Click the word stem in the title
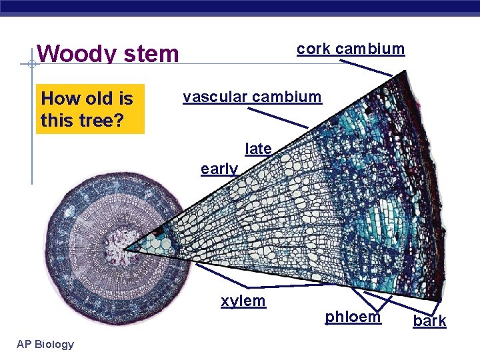click(x=149, y=53)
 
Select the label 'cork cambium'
click(x=350, y=49)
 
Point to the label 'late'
click(x=258, y=149)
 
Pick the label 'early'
click(x=219, y=169)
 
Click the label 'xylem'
click(x=243, y=301)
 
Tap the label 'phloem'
click(x=353, y=317)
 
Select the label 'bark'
click(x=429, y=321)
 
